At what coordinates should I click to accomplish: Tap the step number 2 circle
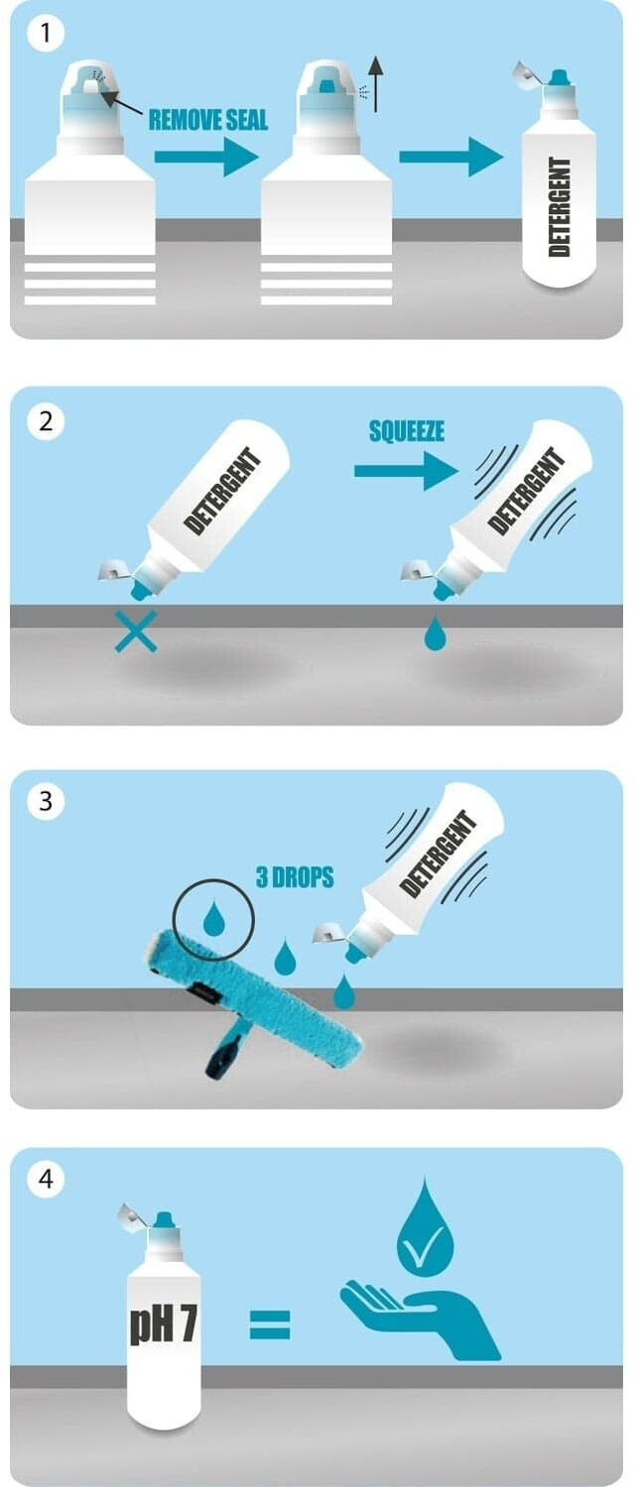(46, 421)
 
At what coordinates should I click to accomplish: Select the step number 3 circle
(46, 801)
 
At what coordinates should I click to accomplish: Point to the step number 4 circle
(46, 1179)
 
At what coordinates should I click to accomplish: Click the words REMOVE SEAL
(208, 120)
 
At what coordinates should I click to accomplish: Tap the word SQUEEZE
(407, 431)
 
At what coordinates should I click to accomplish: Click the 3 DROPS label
(295, 877)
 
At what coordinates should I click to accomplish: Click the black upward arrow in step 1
(376, 83)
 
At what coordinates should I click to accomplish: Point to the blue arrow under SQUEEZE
(406, 471)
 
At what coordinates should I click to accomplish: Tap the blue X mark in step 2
(136, 630)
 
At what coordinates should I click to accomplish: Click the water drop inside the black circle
(213, 919)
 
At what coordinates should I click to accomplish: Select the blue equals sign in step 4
(270, 1324)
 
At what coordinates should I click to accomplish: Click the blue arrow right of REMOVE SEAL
(206, 157)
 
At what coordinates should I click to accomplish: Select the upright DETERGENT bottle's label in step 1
(559, 206)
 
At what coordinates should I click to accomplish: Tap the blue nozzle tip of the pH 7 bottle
(164, 1218)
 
